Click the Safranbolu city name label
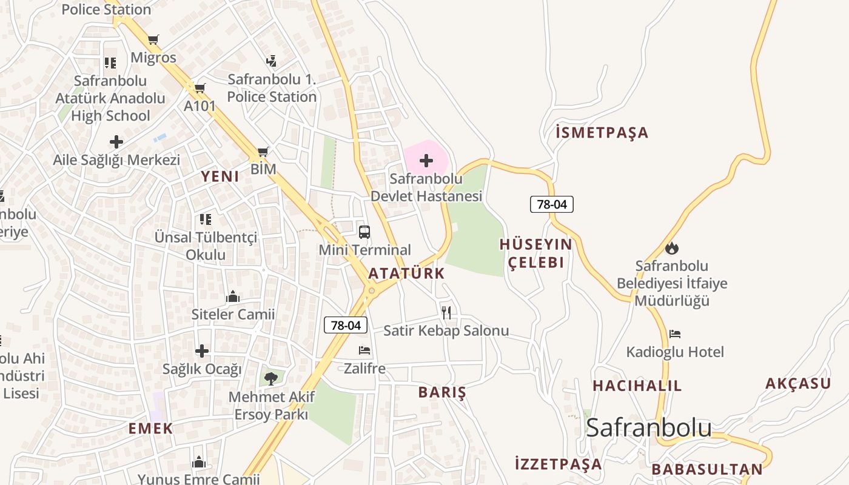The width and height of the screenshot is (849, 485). pyautogui.click(x=649, y=427)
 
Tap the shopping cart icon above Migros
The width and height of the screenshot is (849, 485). pyautogui.click(x=153, y=40)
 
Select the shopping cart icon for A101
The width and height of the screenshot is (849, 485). pyautogui.click(x=200, y=89)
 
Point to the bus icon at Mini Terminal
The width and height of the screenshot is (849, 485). pyautogui.click(x=364, y=232)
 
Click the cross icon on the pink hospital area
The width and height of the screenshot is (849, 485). pyautogui.click(x=426, y=161)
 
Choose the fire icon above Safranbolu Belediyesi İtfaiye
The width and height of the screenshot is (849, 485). pyautogui.click(x=672, y=248)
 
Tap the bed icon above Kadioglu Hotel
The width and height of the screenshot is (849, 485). pyautogui.click(x=675, y=334)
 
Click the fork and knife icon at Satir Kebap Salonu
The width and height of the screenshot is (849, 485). pyautogui.click(x=446, y=313)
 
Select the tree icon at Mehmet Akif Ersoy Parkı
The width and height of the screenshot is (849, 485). pyautogui.click(x=271, y=379)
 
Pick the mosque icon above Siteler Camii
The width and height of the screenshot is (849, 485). pyautogui.click(x=233, y=296)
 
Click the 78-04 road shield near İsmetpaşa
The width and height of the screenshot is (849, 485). pyautogui.click(x=552, y=204)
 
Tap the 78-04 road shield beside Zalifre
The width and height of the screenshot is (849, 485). pyautogui.click(x=346, y=326)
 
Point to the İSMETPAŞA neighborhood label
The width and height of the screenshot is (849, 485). pyautogui.click(x=602, y=133)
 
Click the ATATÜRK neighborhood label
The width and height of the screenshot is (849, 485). pyautogui.click(x=406, y=273)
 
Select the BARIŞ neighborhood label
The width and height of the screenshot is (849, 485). pyautogui.click(x=442, y=392)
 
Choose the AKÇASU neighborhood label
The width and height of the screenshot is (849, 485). pyautogui.click(x=797, y=383)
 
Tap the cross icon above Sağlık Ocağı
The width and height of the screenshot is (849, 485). pyautogui.click(x=202, y=351)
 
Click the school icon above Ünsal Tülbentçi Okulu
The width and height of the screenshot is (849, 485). pyautogui.click(x=206, y=219)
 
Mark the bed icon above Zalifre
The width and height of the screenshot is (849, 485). pyautogui.click(x=364, y=350)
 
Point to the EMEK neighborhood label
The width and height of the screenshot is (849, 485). pyautogui.click(x=150, y=429)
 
